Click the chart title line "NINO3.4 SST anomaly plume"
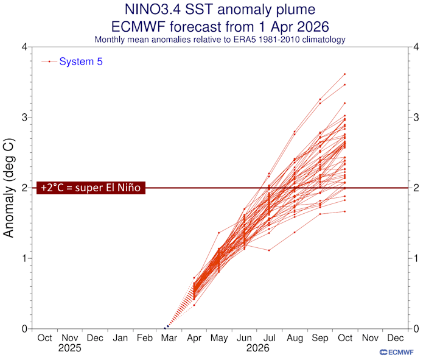tap(220, 10)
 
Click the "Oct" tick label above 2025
tap(44, 338)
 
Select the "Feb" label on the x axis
tap(144, 338)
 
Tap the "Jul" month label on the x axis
tap(269, 338)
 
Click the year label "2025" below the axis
tap(69, 350)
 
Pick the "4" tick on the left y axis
tap(25, 47)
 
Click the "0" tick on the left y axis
tap(25, 329)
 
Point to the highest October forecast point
tap(344, 74)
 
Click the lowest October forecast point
tap(344, 211)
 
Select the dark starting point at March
tap(167, 328)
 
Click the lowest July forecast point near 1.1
tap(269, 250)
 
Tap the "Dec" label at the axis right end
tap(394, 338)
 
